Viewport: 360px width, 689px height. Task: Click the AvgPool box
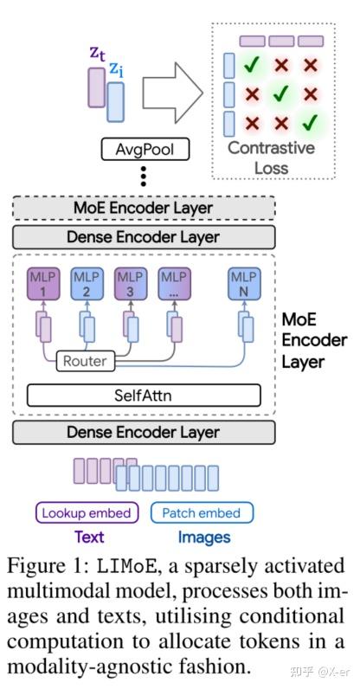pyautogui.click(x=145, y=149)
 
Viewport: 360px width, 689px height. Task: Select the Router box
pyautogui.click(x=85, y=361)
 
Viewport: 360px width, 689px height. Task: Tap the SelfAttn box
pyautogui.click(x=144, y=396)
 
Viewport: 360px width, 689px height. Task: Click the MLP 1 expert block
pyautogui.click(x=42, y=284)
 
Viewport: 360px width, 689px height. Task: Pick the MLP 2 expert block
pyautogui.click(x=87, y=284)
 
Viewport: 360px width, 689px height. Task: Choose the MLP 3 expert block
pyautogui.click(x=130, y=284)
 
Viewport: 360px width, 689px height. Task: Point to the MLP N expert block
pyautogui.click(x=244, y=284)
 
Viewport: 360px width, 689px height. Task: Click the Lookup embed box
pyautogui.click(x=87, y=512)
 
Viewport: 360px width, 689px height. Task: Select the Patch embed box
pyautogui.click(x=202, y=512)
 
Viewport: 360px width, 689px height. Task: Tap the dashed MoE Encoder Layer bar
pyautogui.click(x=144, y=208)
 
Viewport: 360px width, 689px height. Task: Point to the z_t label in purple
pyautogui.click(x=97, y=53)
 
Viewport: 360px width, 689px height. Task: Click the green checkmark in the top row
pyautogui.click(x=251, y=65)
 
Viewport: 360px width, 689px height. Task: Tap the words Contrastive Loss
pyautogui.click(x=272, y=157)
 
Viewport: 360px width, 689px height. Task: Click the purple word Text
pyautogui.click(x=89, y=538)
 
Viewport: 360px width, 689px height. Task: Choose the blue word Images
pyautogui.click(x=204, y=538)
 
